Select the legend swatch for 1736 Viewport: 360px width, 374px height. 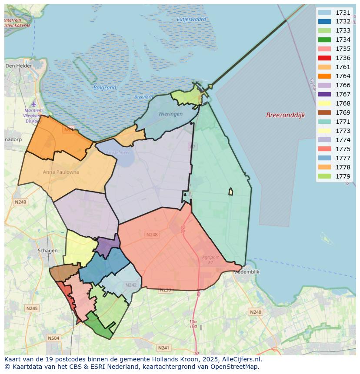click(x=324, y=58)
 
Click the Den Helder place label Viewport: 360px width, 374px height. click(x=16, y=66)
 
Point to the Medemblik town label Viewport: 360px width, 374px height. click(x=246, y=272)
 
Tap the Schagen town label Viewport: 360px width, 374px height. click(x=47, y=251)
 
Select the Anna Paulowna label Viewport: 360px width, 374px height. click(x=61, y=172)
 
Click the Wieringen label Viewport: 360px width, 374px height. click(x=170, y=114)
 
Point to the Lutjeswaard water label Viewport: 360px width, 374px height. click(x=192, y=19)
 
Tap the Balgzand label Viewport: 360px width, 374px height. click(x=105, y=87)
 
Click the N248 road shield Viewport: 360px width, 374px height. click(x=152, y=235)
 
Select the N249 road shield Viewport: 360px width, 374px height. click(x=20, y=202)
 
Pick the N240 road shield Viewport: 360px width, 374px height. click(x=256, y=312)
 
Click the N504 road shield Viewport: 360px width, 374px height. click(x=53, y=338)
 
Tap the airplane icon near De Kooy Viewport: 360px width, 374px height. click(x=34, y=104)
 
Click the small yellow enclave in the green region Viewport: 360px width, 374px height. click(x=231, y=192)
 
